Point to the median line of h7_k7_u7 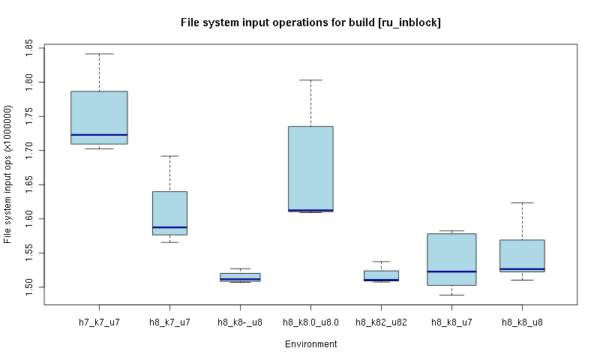pos(99,135)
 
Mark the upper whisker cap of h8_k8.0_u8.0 pos(310,79)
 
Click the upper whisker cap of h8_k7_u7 pos(169,156)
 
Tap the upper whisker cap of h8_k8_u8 pos(522,202)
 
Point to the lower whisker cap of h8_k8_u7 pos(451,295)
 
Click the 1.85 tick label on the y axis pos(29,47)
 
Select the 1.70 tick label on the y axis pos(29,150)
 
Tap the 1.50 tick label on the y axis pos(29,287)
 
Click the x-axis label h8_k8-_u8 pos(240,322)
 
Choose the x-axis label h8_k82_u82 pos(381,322)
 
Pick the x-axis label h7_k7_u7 pos(99,322)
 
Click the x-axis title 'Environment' pos(310,344)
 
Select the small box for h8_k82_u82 pos(381,274)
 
